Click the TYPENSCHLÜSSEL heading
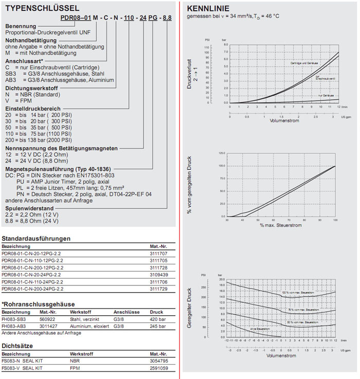click(x=41, y=9)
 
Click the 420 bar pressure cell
click(x=157, y=318)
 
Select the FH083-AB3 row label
click(x=14, y=326)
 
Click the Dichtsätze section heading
click(x=18, y=346)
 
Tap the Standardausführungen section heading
click(x=36, y=239)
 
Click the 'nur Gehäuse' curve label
click(x=326, y=96)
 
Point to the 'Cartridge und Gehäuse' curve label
click(x=303, y=63)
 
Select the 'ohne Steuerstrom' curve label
click(x=260, y=328)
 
